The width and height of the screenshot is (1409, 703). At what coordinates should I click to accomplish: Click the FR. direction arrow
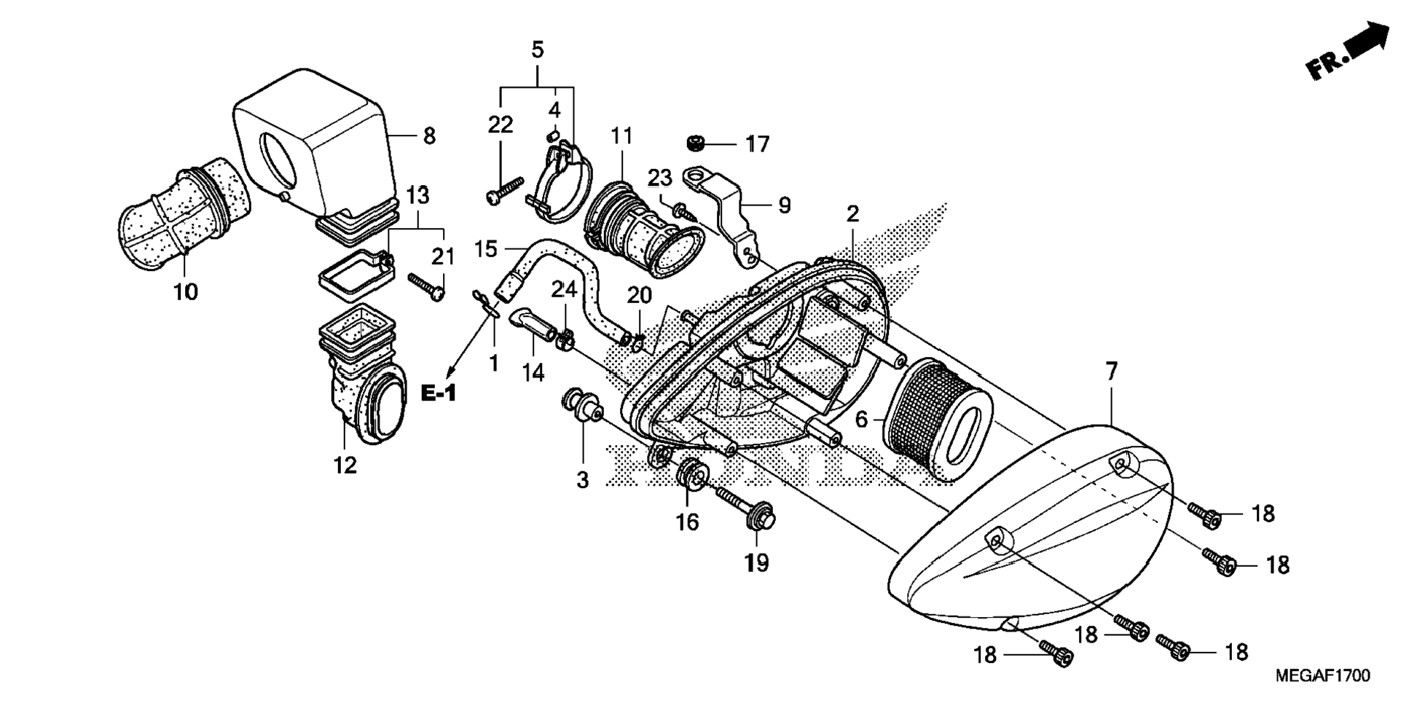[x=1348, y=50]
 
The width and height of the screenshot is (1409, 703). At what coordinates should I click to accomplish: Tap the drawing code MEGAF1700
[x=1322, y=676]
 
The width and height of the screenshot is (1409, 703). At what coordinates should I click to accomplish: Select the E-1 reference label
[x=439, y=393]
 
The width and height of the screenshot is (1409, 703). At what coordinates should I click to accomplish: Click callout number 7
[x=1111, y=372]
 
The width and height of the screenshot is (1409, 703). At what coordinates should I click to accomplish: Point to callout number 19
[x=757, y=563]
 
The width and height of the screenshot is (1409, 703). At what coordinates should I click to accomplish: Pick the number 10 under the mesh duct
[x=185, y=292]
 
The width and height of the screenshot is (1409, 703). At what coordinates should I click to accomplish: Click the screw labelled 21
[x=427, y=286]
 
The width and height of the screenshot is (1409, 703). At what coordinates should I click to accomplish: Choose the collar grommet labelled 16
[x=689, y=475]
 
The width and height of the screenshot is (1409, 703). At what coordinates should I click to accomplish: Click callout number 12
[x=345, y=465]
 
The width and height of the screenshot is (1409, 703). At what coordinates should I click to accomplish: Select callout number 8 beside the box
[x=429, y=136]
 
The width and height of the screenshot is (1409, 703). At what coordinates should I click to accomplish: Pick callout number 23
[x=660, y=178]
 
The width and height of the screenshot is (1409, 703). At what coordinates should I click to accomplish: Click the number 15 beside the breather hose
[x=485, y=249]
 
